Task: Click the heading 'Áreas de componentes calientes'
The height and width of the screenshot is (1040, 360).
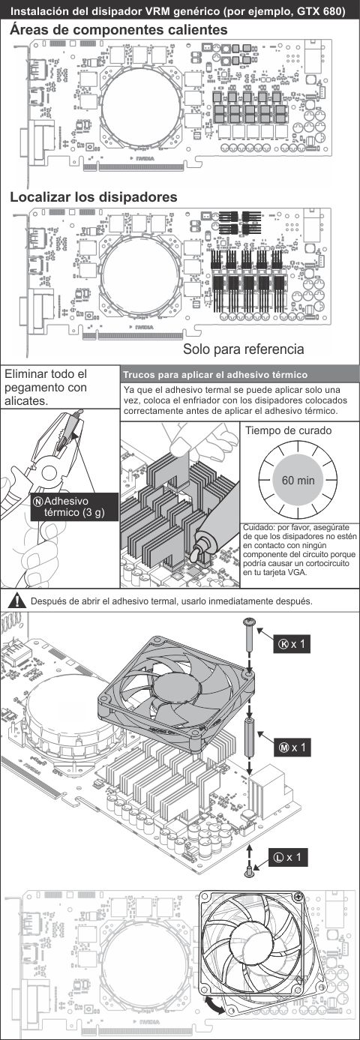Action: pos(119,30)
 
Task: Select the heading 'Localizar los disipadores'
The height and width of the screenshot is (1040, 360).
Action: pos(94,197)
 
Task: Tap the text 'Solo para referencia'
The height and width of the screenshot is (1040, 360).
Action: pos(244,349)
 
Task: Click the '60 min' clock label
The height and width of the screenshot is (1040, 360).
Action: pos(298,480)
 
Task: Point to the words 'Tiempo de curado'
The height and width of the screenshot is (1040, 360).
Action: pos(289,430)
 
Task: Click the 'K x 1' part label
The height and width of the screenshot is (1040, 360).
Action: pos(292,644)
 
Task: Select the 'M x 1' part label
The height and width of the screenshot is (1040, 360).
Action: pos(292,748)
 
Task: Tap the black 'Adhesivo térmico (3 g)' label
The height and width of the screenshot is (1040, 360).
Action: pos(74,507)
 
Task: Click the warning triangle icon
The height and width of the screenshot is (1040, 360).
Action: pos(17,601)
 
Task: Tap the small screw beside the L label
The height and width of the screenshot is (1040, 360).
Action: pos(250,871)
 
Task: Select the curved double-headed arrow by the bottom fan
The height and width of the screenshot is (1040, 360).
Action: pos(214,1004)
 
